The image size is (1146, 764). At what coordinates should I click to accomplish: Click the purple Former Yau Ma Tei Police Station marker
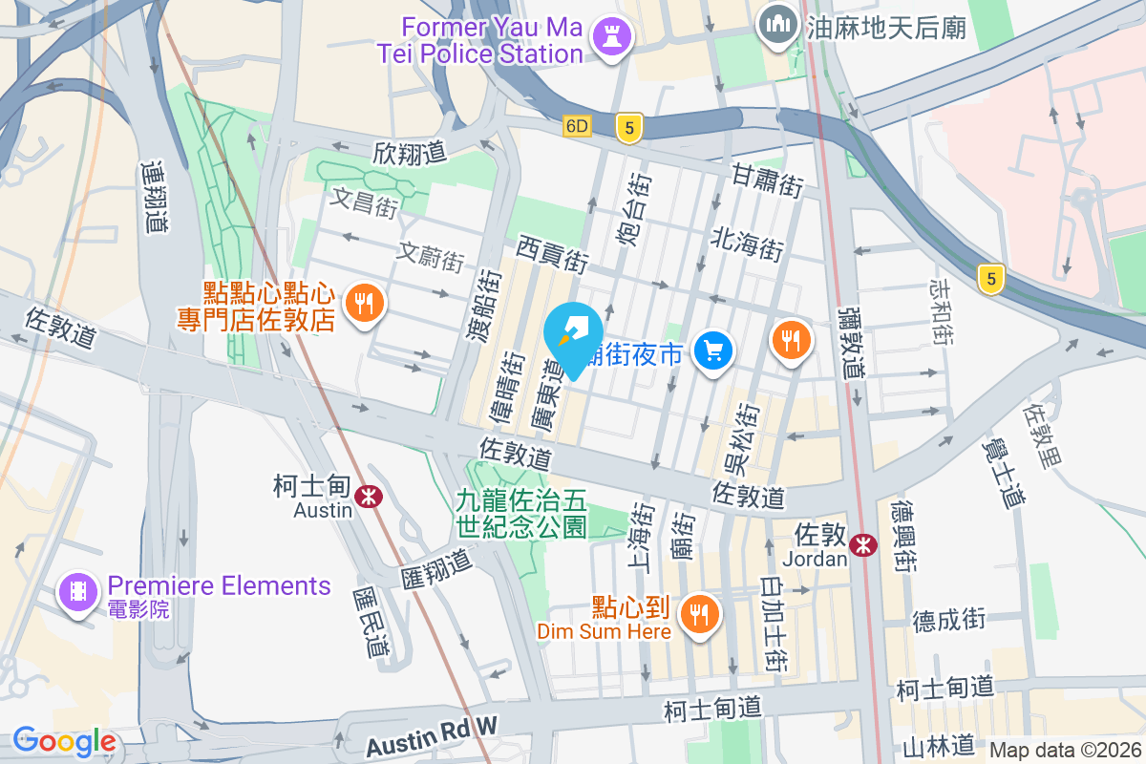(606, 37)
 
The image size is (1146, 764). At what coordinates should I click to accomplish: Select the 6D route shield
(578, 126)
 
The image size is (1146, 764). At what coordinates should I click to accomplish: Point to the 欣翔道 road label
(410, 154)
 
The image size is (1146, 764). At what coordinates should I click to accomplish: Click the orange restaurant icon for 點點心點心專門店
(364, 304)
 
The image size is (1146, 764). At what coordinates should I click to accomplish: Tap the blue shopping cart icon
(712, 350)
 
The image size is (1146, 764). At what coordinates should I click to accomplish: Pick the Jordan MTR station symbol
(864, 544)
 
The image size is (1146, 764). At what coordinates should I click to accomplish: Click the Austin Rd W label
(432, 727)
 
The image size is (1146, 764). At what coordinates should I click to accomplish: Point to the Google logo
(64, 741)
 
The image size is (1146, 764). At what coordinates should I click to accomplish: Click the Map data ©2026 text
(1065, 751)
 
